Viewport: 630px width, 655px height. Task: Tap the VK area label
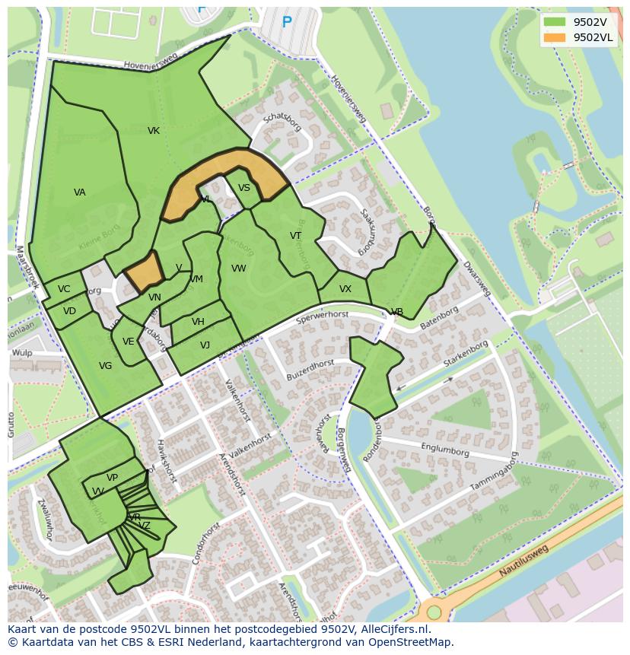(154, 131)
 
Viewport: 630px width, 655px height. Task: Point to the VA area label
(80, 192)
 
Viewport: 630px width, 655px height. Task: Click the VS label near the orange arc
(244, 188)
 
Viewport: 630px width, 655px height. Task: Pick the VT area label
(295, 236)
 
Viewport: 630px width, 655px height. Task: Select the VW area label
(239, 269)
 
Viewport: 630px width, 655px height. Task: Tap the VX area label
(345, 289)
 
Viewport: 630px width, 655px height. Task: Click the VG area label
(106, 366)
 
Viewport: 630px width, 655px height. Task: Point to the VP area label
(112, 478)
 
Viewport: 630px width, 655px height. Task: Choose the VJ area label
(205, 345)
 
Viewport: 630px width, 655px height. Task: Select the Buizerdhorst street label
(310, 370)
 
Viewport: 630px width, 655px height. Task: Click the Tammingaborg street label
(492, 475)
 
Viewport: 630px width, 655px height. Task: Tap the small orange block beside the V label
(144, 271)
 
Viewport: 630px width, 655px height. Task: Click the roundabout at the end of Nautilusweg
(434, 612)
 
